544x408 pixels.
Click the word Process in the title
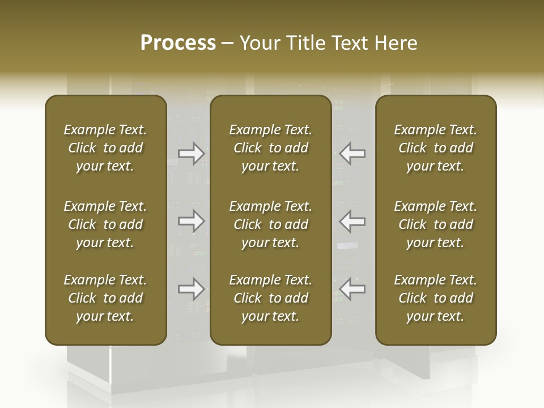178,42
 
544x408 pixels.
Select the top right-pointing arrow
192,154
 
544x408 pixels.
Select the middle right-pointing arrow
192,221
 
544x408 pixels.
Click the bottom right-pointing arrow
192,289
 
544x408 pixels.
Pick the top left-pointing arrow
352,154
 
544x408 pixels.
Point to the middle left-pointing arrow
352,221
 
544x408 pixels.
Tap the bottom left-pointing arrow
352,289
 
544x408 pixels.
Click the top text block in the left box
105,148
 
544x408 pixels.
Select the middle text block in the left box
105,224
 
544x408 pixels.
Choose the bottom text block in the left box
105,298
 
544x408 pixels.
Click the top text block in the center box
270,148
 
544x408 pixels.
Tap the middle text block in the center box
270,224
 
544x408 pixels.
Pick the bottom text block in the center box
270,298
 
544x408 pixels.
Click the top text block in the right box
436,148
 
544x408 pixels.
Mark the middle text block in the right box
436,224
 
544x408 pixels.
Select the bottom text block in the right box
436,298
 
